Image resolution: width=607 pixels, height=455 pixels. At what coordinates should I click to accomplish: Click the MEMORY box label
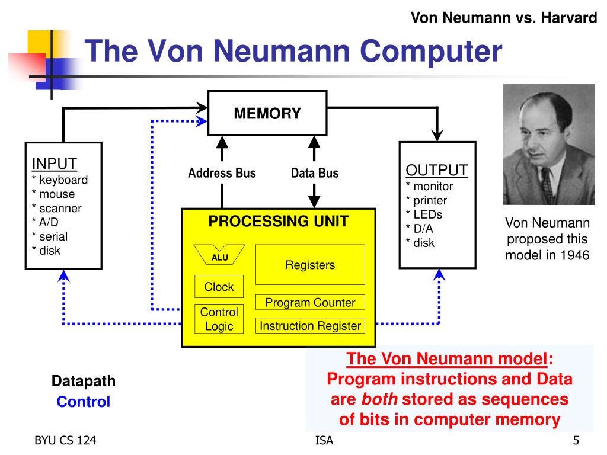pyautogui.click(x=267, y=113)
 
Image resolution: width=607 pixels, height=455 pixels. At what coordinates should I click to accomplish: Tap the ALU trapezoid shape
pyautogui.click(x=219, y=255)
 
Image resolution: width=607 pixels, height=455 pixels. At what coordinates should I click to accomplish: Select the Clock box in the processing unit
pyautogui.click(x=219, y=286)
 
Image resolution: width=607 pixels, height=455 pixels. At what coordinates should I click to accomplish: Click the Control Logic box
pyautogui.click(x=219, y=319)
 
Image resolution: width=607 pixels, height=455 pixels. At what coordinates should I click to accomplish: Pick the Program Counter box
pyautogui.click(x=310, y=302)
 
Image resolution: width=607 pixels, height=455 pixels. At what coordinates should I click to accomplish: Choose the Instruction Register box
pyautogui.click(x=310, y=326)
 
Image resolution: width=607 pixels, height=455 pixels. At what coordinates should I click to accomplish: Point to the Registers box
pyautogui.click(x=310, y=265)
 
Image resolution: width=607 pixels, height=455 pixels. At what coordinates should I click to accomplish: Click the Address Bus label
pyautogui.click(x=222, y=173)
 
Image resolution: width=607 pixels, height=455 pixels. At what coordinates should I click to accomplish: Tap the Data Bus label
pyautogui.click(x=315, y=173)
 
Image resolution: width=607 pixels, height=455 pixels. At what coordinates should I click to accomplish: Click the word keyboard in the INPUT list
pyautogui.click(x=63, y=180)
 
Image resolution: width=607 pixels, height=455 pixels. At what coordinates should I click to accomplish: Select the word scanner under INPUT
pyautogui.click(x=60, y=208)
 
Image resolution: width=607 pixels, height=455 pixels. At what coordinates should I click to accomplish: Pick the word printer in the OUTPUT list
pyautogui.click(x=430, y=200)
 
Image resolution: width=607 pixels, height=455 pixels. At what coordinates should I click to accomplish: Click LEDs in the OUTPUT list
pyautogui.click(x=428, y=214)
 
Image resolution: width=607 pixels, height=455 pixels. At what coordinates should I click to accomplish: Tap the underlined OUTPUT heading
pyautogui.click(x=437, y=170)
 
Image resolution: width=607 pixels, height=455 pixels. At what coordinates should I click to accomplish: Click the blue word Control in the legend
pyautogui.click(x=84, y=402)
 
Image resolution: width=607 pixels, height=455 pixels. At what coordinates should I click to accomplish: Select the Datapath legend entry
pyautogui.click(x=84, y=381)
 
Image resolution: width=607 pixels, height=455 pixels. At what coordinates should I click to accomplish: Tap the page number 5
pyautogui.click(x=576, y=440)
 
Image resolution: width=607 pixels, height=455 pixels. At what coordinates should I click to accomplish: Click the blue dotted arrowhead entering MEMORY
pyautogui.click(x=202, y=121)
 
